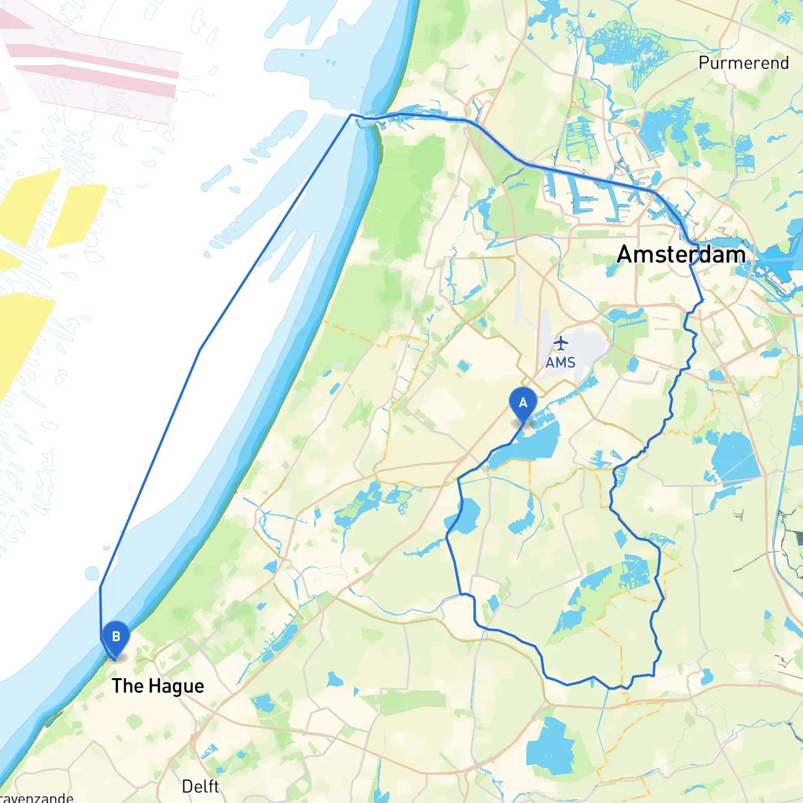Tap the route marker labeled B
[x=115, y=637]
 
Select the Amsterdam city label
[x=681, y=254]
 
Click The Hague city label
[x=157, y=686]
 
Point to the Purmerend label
[x=743, y=63]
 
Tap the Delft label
[x=200, y=786]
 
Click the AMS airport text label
[x=560, y=363]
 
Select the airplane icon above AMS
[x=561, y=344]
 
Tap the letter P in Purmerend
[x=704, y=63]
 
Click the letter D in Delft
[x=187, y=786]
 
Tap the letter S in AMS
[x=570, y=363]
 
